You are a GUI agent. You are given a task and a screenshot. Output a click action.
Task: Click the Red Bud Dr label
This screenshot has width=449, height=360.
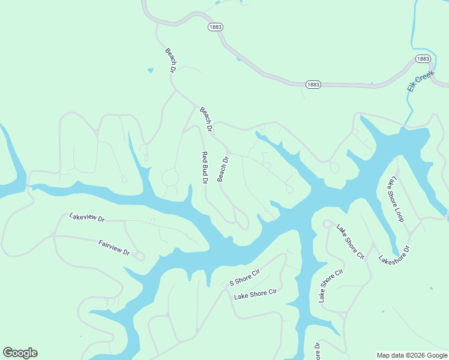tap(204, 167)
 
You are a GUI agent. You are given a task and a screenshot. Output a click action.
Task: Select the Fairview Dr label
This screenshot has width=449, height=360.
tap(114, 247)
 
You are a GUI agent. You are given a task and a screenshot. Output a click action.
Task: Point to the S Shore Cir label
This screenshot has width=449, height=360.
tap(244, 278)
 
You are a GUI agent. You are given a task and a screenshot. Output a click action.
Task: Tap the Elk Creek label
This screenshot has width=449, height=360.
tap(420, 79)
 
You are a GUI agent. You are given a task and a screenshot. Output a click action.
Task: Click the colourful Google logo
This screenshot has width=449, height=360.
tap(20, 353)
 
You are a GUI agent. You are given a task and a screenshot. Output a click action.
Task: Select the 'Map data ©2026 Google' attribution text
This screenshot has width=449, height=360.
tap(412, 355)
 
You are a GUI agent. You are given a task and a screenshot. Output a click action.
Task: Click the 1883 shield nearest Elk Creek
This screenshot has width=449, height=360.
tap(423, 59)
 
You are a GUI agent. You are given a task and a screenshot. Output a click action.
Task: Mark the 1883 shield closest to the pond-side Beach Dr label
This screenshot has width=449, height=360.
tap(215, 27)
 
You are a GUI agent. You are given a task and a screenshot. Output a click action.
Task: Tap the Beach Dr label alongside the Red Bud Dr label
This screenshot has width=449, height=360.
tap(223, 169)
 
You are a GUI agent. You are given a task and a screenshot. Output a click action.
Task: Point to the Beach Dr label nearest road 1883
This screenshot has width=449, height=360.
tap(170, 61)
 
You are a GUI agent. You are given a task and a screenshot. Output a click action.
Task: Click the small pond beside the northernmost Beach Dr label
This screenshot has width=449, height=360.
tap(150, 70)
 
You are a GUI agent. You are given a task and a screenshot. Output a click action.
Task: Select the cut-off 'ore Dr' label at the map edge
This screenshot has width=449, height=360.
tap(317, 351)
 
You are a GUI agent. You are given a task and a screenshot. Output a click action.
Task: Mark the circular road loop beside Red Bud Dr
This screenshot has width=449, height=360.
tap(170, 178)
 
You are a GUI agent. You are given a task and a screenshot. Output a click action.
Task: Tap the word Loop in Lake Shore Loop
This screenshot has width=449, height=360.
tap(401, 212)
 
